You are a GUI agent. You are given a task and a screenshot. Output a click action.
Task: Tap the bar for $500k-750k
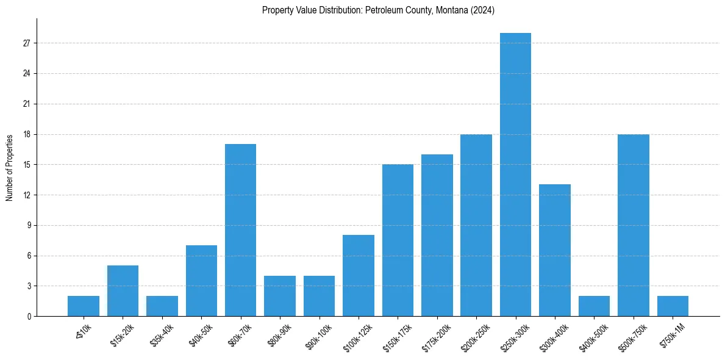pos(634,225)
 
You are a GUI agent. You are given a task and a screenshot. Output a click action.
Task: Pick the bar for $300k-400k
pos(555,250)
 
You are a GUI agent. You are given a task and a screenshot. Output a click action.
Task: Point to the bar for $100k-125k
pos(359,276)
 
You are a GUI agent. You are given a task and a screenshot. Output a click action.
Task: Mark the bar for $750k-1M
pos(673,306)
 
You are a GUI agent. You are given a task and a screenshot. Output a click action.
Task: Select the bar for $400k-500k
pos(594,306)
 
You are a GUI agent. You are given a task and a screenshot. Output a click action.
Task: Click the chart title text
pos(378,10)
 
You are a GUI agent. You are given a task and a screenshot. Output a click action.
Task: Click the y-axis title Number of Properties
pos(9,167)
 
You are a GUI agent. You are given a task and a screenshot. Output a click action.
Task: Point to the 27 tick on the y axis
pos(27,43)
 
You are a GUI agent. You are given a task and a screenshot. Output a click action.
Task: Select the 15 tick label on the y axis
pos(27,165)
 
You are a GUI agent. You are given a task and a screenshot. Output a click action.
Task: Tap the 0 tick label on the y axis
pos(29,316)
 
